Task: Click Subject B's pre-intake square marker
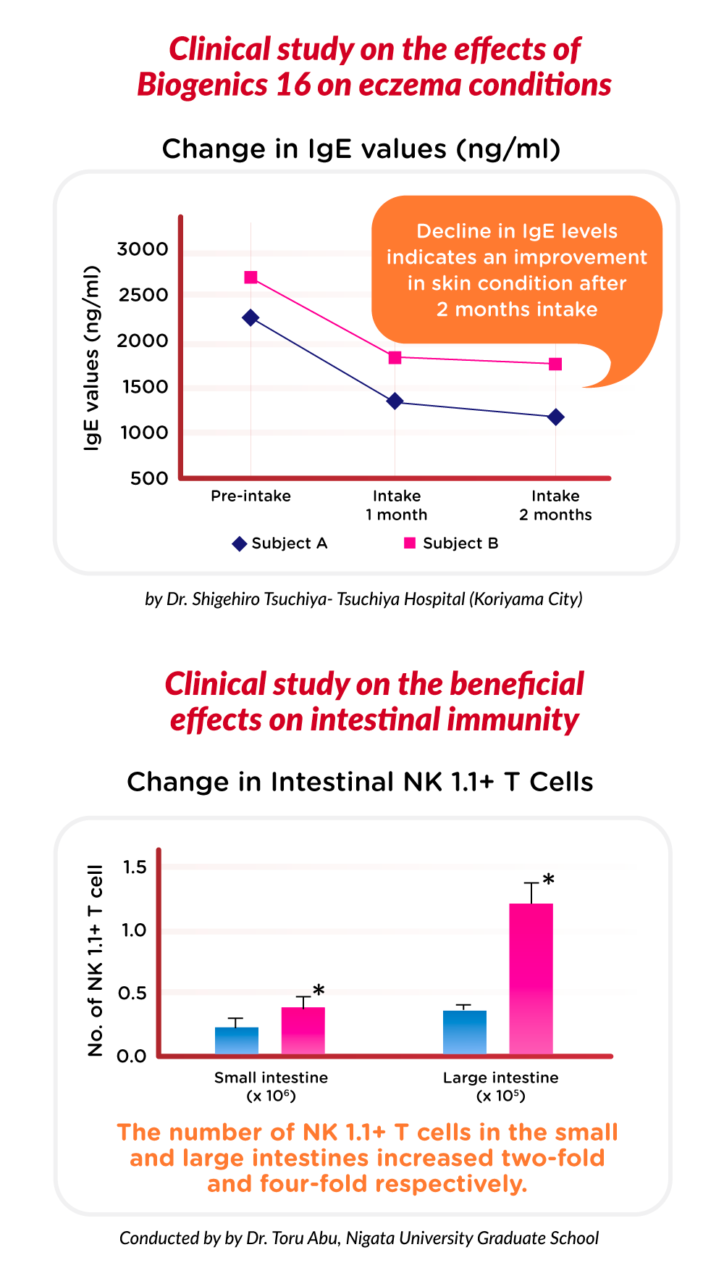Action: pyautogui.click(x=251, y=277)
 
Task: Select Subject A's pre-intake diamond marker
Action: pyautogui.click(x=251, y=317)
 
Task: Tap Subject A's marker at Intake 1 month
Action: pyautogui.click(x=395, y=401)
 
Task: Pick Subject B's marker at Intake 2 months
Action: pyautogui.click(x=555, y=364)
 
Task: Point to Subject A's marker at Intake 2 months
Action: pyautogui.click(x=556, y=417)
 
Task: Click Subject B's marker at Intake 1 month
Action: pyautogui.click(x=395, y=357)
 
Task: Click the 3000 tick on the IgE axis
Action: pyautogui.click(x=143, y=249)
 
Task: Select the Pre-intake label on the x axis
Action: pyautogui.click(x=251, y=496)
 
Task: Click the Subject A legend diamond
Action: pyautogui.click(x=239, y=543)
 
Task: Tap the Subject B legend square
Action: pyautogui.click(x=410, y=543)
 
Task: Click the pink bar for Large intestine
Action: pyautogui.click(x=531, y=979)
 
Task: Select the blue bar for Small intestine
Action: pyautogui.click(x=237, y=1041)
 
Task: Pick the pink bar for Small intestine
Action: pyautogui.click(x=303, y=1030)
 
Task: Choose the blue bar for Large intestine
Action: pyautogui.click(x=465, y=1033)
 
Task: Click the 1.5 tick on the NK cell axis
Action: pyautogui.click(x=135, y=867)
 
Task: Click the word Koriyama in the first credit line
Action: pyautogui.click(x=513, y=599)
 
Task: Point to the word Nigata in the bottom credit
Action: pyautogui.click(x=369, y=1238)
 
